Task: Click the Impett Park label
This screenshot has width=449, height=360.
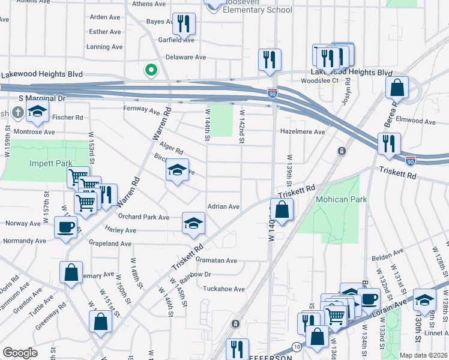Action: (x=51, y=163)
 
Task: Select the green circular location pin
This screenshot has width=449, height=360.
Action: (x=151, y=71)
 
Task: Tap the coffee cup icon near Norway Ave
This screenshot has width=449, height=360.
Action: (x=65, y=227)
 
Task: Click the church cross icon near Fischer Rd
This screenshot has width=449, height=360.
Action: (x=18, y=112)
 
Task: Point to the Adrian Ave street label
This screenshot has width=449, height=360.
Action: (x=223, y=206)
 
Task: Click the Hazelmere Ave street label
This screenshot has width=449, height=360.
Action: (x=302, y=132)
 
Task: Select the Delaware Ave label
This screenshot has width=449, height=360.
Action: (x=185, y=58)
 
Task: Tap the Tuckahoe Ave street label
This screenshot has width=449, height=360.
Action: (x=224, y=289)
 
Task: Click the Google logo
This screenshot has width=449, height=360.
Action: (x=20, y=353)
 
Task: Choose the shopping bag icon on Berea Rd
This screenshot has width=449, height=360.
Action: (x=397, y=88)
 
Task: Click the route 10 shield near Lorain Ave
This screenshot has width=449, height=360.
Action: (x=297, y=347)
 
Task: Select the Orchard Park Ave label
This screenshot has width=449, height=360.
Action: (x=144, y=217)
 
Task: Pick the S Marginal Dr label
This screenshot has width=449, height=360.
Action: (x=41, y=98)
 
